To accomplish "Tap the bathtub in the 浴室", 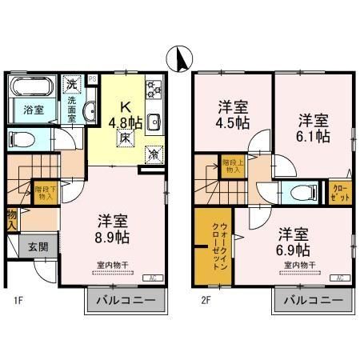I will [32, 85].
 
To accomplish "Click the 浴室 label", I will [32, 109].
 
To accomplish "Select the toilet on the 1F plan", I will [24, 139].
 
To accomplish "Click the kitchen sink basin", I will [154, 122].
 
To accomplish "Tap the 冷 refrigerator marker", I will [152, 154].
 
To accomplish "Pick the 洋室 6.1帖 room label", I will [314, 128].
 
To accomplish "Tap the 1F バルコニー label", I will [125, 302].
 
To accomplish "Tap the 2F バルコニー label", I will [313, 302].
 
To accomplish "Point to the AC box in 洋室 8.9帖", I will [150, 278].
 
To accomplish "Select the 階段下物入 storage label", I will [45, 192].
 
